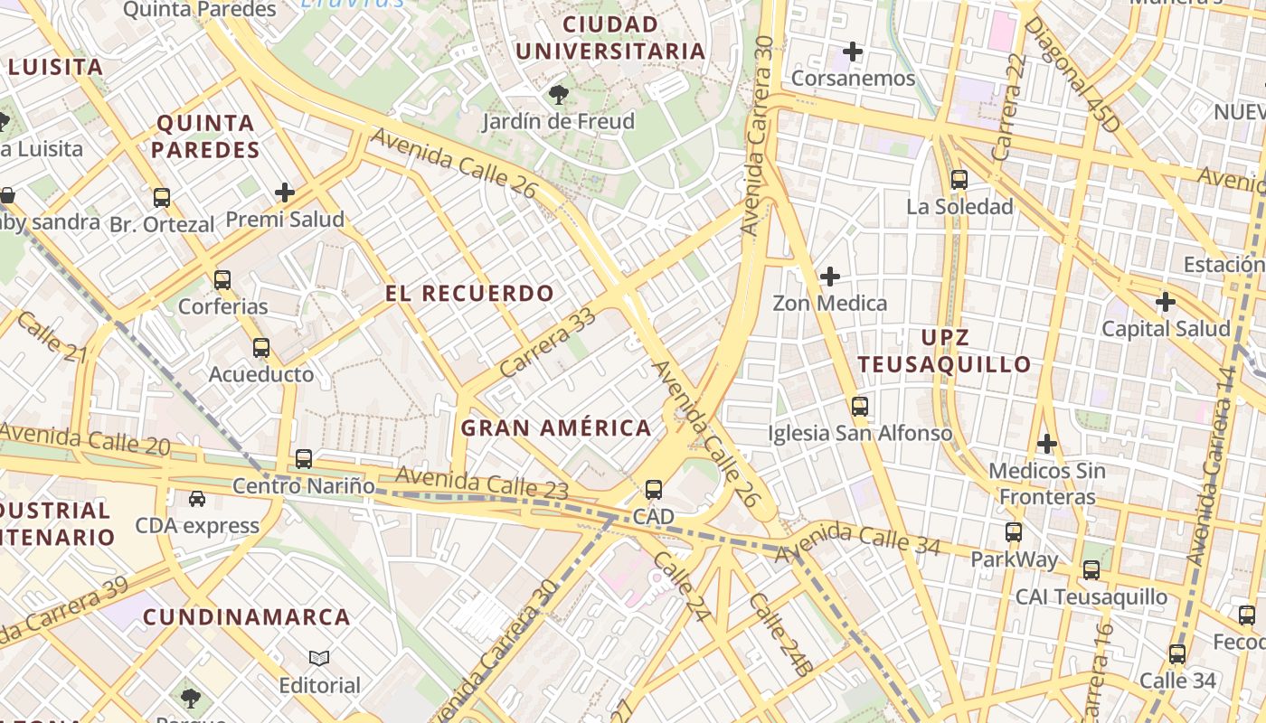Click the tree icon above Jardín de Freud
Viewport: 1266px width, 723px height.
click(559, 94)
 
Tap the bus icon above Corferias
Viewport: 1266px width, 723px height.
click(222, 280)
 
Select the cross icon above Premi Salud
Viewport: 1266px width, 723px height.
click(285, 192)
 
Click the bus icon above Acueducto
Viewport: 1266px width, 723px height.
click(261, 348)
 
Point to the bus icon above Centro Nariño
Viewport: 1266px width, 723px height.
click(304, 459)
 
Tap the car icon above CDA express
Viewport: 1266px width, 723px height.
click(196, 499)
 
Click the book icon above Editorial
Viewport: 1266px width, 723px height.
click(319, 658)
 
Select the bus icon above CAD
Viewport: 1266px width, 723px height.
click(653, 490)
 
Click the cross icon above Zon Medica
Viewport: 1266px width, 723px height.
click(829, 276)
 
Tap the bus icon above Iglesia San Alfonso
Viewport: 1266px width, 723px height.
click(859, 407)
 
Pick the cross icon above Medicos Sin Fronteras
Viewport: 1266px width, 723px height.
click(1046, 444)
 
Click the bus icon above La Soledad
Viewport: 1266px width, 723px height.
click(959, 180)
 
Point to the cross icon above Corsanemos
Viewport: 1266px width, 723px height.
click(853, 52)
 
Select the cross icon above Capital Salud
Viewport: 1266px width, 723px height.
click(1166, 301)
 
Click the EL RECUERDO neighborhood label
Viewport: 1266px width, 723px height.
click(469, 294)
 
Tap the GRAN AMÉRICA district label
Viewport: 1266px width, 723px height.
click(556, 428)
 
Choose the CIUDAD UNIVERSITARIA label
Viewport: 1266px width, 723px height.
click(610, 38)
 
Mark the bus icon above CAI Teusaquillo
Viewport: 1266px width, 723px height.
click(1091, 570)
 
